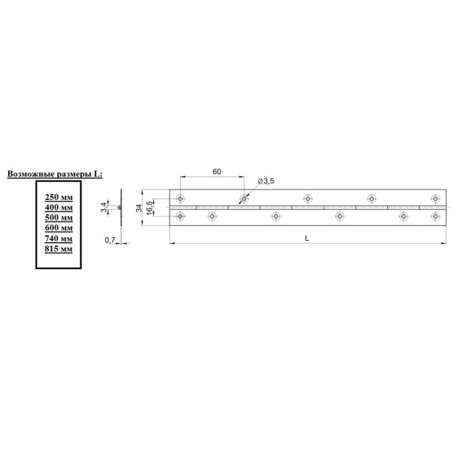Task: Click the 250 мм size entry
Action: (59, 197)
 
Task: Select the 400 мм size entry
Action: (59, 207)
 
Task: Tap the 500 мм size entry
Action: (59, 218)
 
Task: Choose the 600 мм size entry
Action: (59, 227)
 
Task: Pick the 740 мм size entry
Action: (59, 239)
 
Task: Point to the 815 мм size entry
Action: (59, 248)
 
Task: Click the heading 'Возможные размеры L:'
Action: (55, 174)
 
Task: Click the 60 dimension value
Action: (217, 172)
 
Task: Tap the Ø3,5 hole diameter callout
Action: (266, 181)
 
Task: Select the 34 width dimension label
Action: (139, 207)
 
